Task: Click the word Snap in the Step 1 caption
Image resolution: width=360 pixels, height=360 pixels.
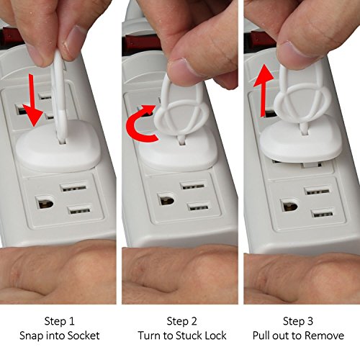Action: (x=32, y=336)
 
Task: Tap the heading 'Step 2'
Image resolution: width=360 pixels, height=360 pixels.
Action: (x=182, y=321)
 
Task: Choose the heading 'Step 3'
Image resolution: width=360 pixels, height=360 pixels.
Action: (x=298, y=321)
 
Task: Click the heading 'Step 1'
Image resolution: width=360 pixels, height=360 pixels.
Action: (x=59, y=321)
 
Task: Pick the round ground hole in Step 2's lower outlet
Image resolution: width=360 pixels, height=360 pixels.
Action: (x=167, y=199)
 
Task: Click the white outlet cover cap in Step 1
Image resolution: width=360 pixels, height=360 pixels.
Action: (x=59, y=145)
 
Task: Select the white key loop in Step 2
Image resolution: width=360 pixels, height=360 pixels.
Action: (x=181, y=107)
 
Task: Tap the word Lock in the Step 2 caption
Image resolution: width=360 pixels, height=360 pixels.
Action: (x=216, y=336)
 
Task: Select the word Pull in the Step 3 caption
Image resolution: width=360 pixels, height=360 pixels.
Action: (x=261, y=336)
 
